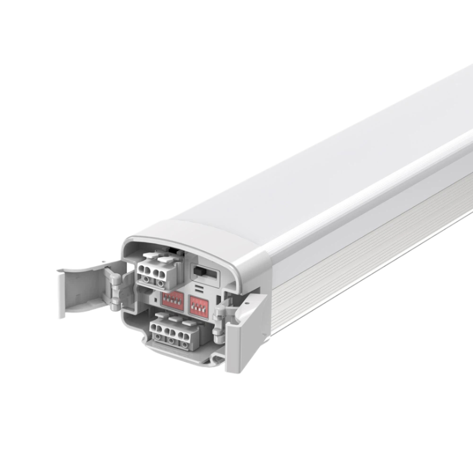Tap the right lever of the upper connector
click(166, 259)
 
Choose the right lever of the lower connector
click(190, 323)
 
